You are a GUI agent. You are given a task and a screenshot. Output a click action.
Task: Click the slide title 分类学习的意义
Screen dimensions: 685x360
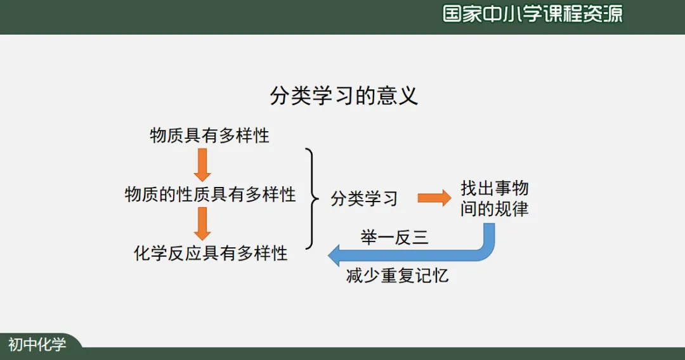[x=344, y=96]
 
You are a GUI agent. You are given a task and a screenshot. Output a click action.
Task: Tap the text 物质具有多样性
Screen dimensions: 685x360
[x=210, y=136]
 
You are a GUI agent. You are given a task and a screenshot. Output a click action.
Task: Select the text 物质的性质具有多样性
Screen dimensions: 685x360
[x=211, y=194]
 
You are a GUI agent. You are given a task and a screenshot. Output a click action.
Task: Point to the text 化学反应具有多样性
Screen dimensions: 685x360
[x=211, y=254]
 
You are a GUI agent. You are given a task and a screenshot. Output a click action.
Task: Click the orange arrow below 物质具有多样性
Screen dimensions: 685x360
[x=202, y=165]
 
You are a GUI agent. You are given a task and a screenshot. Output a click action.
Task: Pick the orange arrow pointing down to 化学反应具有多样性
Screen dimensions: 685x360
[x=202, y=224]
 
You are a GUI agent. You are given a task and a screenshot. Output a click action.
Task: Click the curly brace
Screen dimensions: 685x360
[x=310, y=198]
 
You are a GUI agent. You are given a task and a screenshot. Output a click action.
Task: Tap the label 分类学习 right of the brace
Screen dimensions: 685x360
[x=364, y=198]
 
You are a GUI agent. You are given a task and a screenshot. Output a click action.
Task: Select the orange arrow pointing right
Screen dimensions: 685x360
[x=434, y=198]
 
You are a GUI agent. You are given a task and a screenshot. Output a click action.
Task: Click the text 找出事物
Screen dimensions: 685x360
[x=495, y=188]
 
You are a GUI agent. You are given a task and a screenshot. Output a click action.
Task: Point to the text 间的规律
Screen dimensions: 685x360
[x=495, y=209]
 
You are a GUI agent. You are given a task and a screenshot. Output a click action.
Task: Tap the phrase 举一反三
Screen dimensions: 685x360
[x=395, y=238]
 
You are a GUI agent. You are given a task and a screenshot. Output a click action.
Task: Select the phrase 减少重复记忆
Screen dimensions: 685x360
[x=398, y=276]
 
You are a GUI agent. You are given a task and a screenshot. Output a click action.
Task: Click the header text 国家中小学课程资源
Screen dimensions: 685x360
[x=532, y=14]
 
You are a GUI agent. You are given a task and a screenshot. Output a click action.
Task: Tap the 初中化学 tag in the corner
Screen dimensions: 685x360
[x=37, y=345]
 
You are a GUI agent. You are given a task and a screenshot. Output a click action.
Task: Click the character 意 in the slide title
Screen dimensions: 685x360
[x=389, y=96]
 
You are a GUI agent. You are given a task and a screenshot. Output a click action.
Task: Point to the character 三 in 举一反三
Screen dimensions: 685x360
[x=421, y=238]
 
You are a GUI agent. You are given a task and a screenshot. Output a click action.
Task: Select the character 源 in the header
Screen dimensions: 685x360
[x=613, y=14]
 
